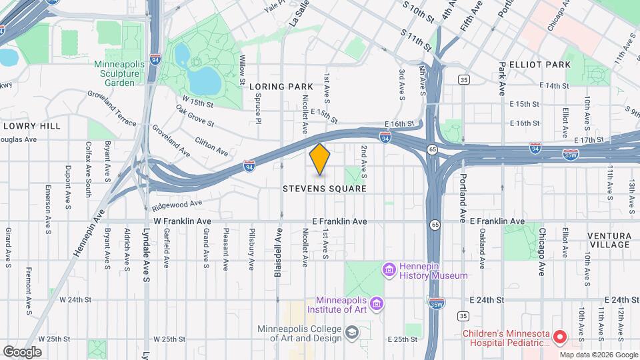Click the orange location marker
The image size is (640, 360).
(x=320, y=159)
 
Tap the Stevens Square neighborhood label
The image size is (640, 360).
(x=325, y=189)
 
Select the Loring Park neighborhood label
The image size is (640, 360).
(x=281, y=87)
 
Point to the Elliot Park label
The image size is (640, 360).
(x=535, y=65)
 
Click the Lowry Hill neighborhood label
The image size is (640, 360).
(x=31, y=125)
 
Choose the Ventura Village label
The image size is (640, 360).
(x=609, y=240)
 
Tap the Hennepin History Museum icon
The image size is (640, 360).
(x=389, y=270)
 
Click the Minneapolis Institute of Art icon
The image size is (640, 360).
(x=377, y=304)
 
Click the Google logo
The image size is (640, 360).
(x=22, y=351)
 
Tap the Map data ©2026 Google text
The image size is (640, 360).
(x=598, y=354)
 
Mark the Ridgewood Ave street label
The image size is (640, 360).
(x=177, y=204)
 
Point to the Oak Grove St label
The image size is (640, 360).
(x=195, y=115)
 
